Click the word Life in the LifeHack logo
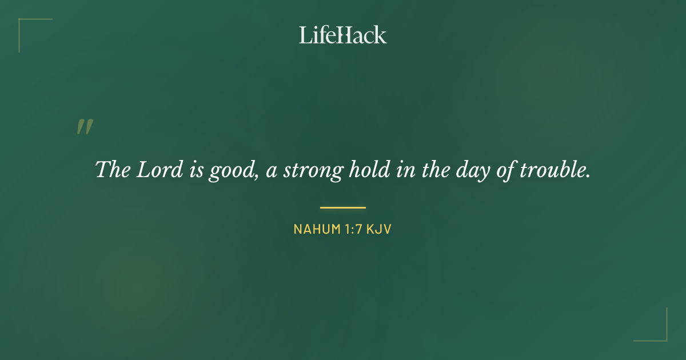click(x=316, y=35)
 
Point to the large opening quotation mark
click(x=85, y=127)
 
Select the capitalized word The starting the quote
click(x=112, y=170)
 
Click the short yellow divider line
click(x=343, y=207)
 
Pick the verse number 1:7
click(x=350, y=230)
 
